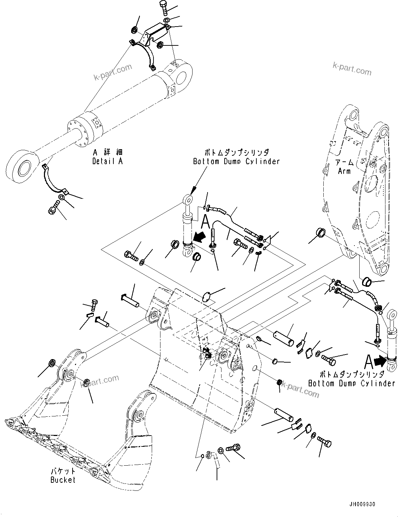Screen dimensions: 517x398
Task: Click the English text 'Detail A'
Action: (107, 161)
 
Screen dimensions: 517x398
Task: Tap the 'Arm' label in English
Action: (344, 171)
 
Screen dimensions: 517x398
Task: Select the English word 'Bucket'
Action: (63, 480)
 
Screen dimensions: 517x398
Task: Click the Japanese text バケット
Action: (63, 472)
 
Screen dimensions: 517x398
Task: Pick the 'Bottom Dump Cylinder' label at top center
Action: (236, 161)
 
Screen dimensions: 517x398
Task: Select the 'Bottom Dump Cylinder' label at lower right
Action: (351, 383)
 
